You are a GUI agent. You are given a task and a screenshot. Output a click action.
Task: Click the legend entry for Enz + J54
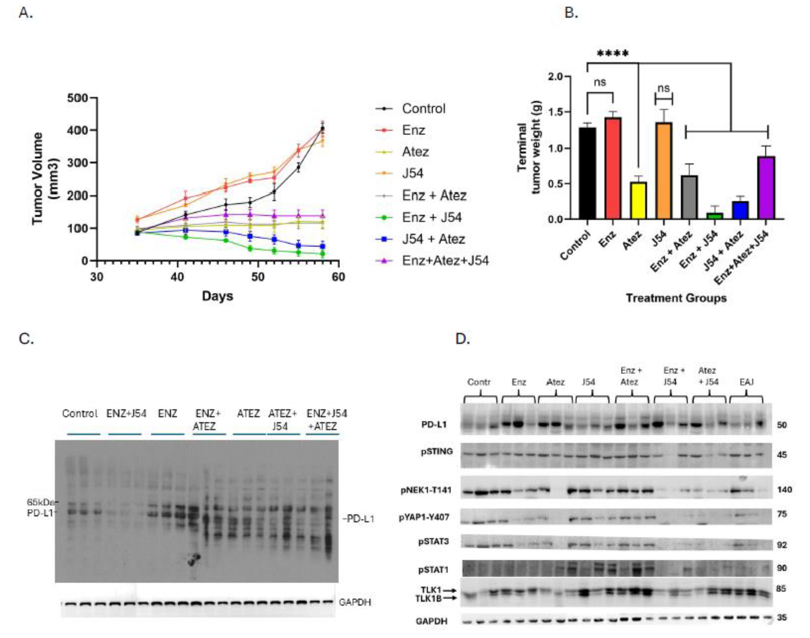[431, 217]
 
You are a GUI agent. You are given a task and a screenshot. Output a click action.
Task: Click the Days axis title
[217, 296]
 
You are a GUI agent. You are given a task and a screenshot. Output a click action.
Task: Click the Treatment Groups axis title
[676, 298]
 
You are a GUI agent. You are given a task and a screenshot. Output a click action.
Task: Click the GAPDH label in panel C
[355, 602]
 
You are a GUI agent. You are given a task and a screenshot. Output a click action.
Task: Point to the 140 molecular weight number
[785, 490]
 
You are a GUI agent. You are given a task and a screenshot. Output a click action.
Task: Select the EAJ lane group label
[747, 382]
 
